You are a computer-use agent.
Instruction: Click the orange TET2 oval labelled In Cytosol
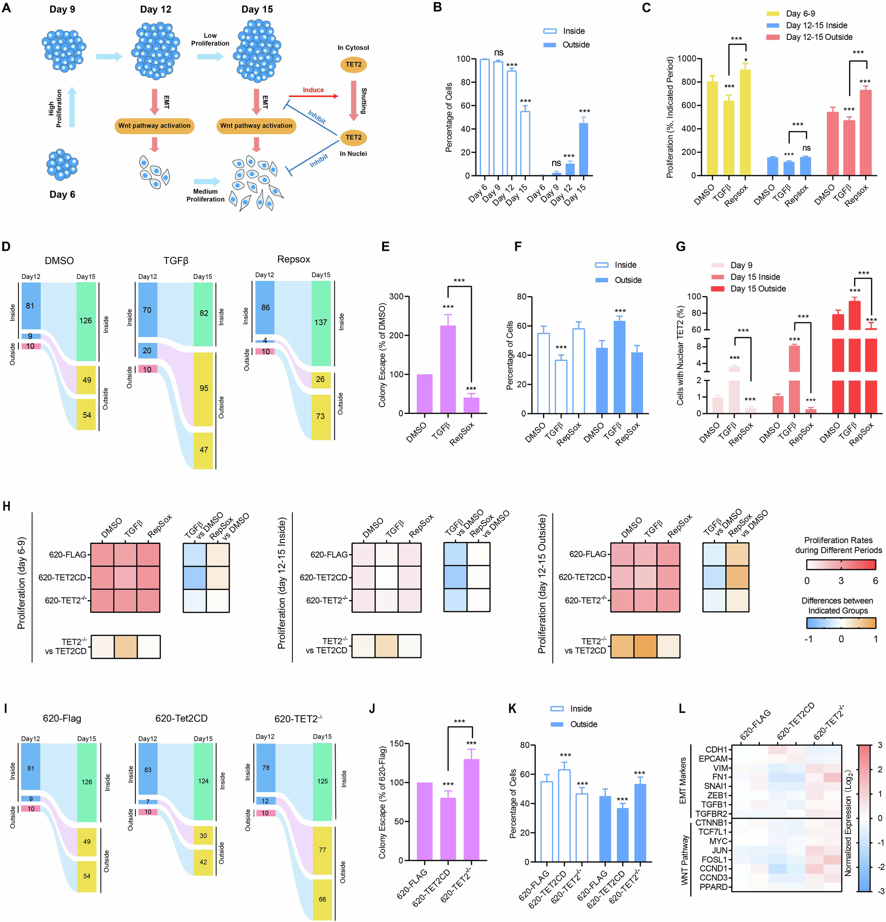(x=354, y=65)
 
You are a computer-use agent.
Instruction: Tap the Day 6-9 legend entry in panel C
(x=800, y=13)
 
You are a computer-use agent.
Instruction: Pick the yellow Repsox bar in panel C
(x=745, y=122)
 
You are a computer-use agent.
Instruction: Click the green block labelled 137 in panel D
(x=321, y=323)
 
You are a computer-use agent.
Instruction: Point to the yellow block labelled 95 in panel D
(x=204, y=388)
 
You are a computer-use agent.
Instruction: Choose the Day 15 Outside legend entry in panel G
(x=758, y=289)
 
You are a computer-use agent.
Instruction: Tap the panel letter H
(x=7, y=506)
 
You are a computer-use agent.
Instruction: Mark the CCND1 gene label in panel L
(x=713, y=868)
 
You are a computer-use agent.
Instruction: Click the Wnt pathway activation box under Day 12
(x=154, y=126)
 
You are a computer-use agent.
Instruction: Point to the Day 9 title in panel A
(x=62, y=9)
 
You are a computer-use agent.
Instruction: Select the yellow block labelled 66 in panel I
(x=322, y=899)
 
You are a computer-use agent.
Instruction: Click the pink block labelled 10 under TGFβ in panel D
(x=147, y=370)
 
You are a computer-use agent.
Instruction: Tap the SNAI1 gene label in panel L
(x=715, y=786)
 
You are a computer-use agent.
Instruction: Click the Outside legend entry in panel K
(x=583, y=724)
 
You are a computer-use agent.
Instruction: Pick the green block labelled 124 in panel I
(x=203, y=781)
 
